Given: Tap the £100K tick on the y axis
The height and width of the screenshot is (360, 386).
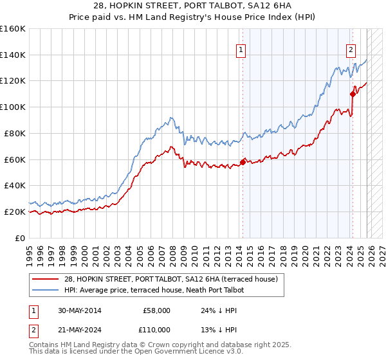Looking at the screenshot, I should coord(14,107).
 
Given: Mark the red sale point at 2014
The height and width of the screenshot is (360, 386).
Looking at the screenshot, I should coord(243,162).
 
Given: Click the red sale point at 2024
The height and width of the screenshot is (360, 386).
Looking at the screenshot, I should coord(353,94).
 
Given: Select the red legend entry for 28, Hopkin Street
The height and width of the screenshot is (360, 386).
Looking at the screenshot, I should coord(170,279).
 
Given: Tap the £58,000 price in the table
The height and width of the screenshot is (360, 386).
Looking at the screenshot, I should coord(156,310).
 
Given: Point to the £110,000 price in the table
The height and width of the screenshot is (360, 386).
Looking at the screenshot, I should coord(156,328).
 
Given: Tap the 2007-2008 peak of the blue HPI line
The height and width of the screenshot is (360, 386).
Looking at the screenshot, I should coord(170,118).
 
